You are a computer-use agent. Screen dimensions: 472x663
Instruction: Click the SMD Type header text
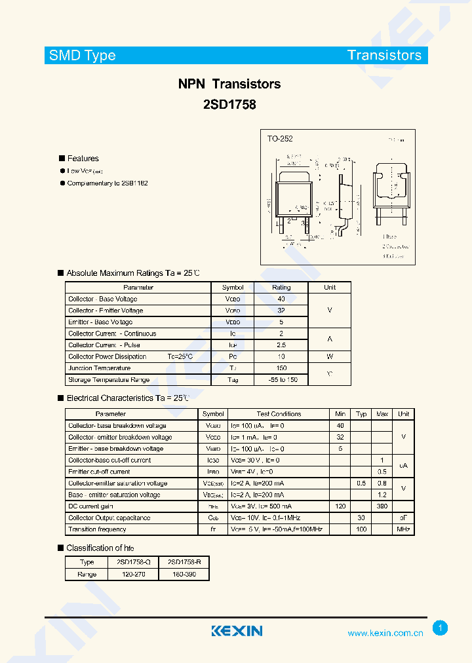pos(83,56)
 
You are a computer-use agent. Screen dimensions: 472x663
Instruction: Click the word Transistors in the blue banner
pos(384,56)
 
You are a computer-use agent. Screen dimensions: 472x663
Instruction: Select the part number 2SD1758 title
pos(229,104)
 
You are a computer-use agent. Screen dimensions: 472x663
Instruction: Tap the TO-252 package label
pos(280,139)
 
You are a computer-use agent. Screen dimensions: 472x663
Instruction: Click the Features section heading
pos(83,159)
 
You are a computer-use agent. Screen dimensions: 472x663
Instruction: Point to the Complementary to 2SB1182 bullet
pos(108,183)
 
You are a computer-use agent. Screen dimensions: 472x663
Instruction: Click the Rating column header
pos(281,288)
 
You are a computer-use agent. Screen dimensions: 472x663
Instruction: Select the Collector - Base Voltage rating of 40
pos(281,299)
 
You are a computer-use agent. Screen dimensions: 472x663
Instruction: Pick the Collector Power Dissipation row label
pos(108,356)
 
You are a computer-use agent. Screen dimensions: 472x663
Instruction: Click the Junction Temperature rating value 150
pos(281,368)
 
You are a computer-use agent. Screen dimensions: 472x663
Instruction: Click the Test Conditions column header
pos(279,414)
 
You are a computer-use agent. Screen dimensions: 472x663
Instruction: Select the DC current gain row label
pos(90,506)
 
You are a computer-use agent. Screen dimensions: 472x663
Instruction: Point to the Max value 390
pos(382,506)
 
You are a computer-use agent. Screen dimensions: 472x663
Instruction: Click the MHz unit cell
pos(403,529)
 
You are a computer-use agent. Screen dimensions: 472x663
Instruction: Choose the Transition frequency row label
pos(97,529)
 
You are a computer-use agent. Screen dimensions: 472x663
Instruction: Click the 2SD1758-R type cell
pos(184,562)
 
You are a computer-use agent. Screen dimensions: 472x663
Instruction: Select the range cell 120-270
pos(133,574)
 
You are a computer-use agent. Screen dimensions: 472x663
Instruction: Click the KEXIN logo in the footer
pos(237,631)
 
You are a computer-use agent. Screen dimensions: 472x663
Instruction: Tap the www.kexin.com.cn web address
pos(385,634)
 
